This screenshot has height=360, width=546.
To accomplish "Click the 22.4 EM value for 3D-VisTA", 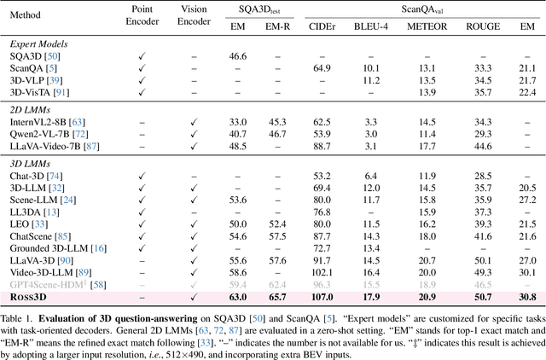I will (x=527, y=91).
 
